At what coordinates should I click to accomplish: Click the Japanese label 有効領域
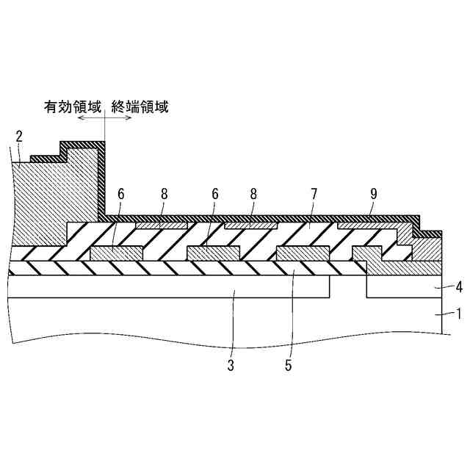pyautogui.click(x=71, y=107)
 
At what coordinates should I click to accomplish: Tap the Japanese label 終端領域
pyautogui.click(x=140, y=107)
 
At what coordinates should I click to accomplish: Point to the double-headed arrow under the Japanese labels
pyautogui.click(x=105, y=118)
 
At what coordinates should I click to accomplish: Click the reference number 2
pyautogui.click(x=19, y=136)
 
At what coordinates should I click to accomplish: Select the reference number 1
pyautogui.click(x=438, y=314)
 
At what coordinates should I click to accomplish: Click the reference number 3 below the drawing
pyautogui.click(x=230, y=365)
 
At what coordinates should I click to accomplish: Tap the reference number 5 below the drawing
pyautogui.click(x=288, y=365)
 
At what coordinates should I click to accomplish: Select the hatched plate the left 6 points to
pyautogui.click(x=115, y=253)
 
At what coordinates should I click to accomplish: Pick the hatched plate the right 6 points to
pyautogui.click(x=214, y=253)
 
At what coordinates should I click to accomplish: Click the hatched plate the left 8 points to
pyautogui.click(x=161, y=225)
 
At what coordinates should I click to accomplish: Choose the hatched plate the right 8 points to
pyautogui.click(x=250, y=225)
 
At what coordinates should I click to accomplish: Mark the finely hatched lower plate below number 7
pyautogui.click(x=303, y=253)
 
